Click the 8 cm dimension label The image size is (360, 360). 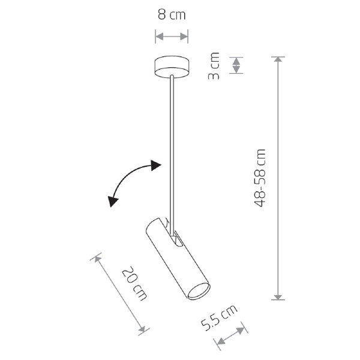click(172, 15)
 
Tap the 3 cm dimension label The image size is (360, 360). click(214, 66)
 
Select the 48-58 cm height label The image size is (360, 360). click(260, 178)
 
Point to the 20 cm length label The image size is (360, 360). click(134, 284)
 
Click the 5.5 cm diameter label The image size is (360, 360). click(219, 317)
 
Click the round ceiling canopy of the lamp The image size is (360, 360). click(172, 67)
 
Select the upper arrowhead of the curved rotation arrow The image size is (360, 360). click(156, 166)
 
